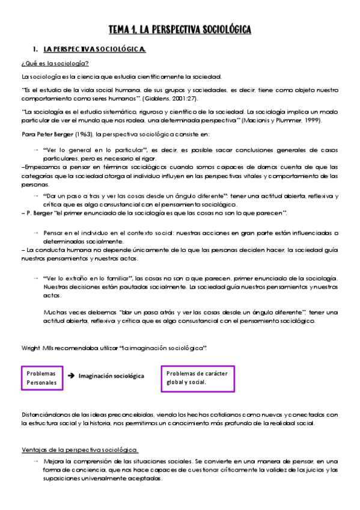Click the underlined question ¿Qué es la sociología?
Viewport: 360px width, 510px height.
(55, 63)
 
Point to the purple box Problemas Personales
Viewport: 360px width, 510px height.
(42, 378)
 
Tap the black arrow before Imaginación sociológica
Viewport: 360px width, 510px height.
(71, 376)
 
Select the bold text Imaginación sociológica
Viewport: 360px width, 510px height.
(111, 376)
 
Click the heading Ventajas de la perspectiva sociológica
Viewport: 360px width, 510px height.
(79, 449)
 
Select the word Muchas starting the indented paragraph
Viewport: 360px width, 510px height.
(55, 312)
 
